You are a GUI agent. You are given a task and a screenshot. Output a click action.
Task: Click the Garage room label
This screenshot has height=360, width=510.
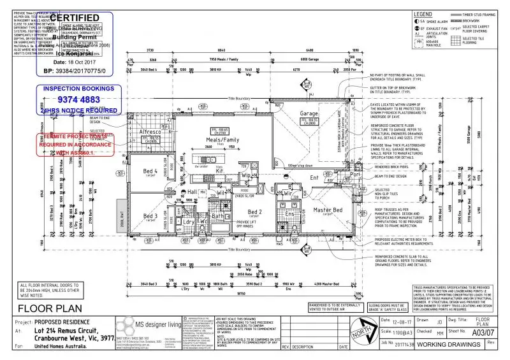[310, 114]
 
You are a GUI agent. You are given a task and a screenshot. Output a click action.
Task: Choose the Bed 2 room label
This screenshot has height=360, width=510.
[254, 212]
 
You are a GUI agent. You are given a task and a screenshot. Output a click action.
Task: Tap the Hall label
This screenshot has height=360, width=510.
[193, 191]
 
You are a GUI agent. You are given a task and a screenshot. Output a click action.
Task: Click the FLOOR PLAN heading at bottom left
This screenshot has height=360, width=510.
[42, 308]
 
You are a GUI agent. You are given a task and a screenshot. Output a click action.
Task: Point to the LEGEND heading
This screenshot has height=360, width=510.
[423, 14]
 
